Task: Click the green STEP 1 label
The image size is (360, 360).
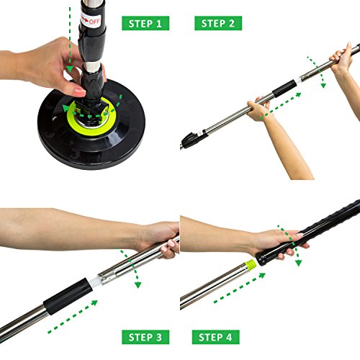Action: click(x=145, y=23)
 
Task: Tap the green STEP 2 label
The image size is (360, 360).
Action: click(x=218, y=23)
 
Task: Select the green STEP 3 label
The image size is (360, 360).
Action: click(x=145, y=336)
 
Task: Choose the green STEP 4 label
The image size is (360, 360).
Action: click(x=215, y=336)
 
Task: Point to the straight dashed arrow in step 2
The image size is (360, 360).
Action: click(x=288, y=104)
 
